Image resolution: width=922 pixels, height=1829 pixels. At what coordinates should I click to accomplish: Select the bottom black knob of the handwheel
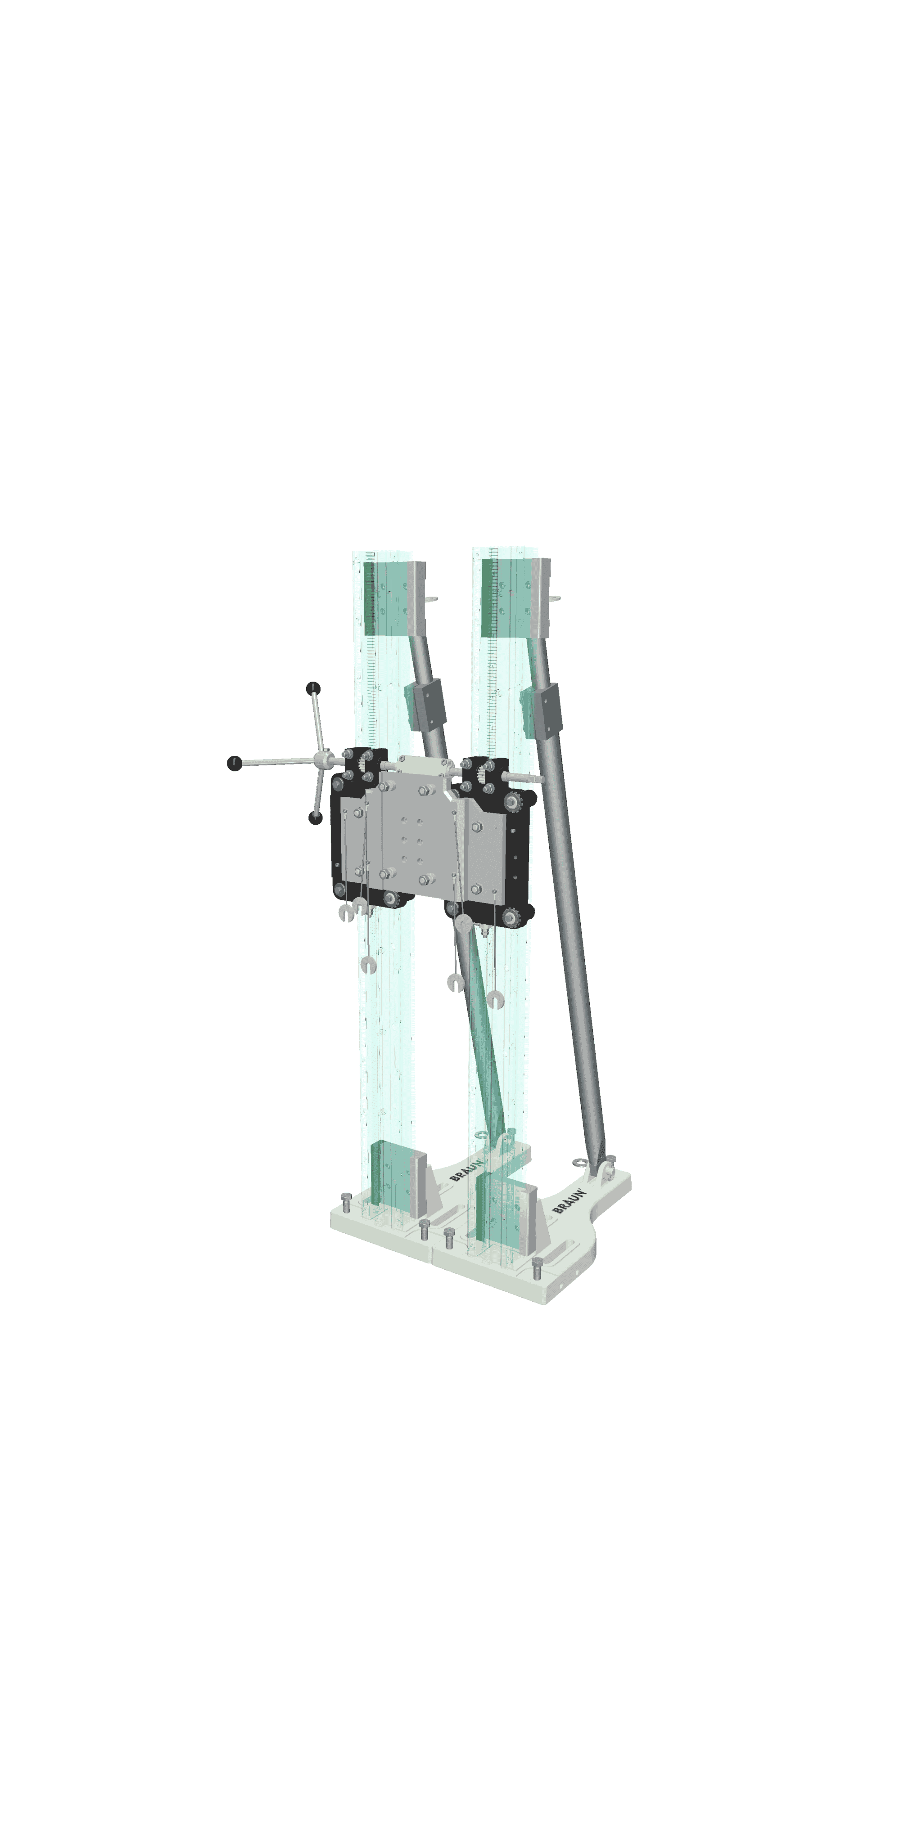pyautogui.click(x=316, y=818)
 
